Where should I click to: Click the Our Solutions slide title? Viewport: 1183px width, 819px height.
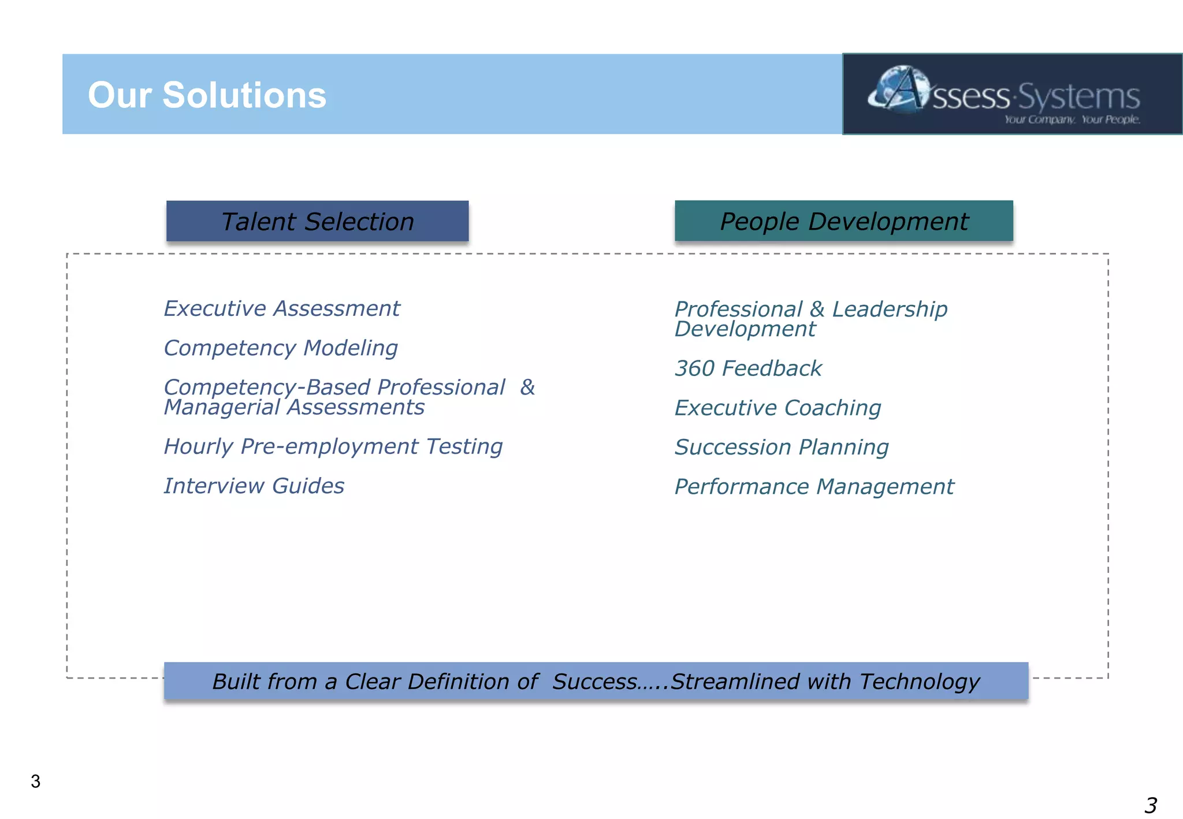(x=207, y=95)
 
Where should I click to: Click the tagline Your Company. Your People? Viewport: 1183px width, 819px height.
(x=1072, y=120)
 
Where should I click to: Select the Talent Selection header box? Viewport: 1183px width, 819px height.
(x=317, y=221)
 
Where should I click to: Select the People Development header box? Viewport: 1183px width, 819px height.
(x=843, y=221)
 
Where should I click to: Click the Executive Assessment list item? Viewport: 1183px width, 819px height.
(x=281, y=308)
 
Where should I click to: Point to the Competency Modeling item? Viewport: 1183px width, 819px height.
(x=281, y=348)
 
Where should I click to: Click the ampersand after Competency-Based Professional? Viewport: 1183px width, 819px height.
(x=527, y=387)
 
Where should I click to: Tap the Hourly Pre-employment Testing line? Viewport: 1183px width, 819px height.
(x=333, y=446)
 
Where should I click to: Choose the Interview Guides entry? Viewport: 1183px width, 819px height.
(x=254, y=486)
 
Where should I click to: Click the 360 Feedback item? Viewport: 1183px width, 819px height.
(x=748, y=368)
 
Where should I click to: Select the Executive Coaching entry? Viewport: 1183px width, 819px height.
(x=777, y=408)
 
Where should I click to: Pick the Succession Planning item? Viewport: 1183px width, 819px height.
(x=782, y=447)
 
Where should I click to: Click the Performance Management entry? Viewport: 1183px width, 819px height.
(x=814, y=486)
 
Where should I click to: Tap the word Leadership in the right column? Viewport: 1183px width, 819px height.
(x=890, y=309)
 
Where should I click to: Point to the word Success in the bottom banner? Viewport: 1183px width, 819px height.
(x=594, y=682)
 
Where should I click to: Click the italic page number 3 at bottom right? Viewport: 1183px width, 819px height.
(x=1150, y=805)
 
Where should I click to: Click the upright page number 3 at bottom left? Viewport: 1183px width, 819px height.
(x=36, y=781)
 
